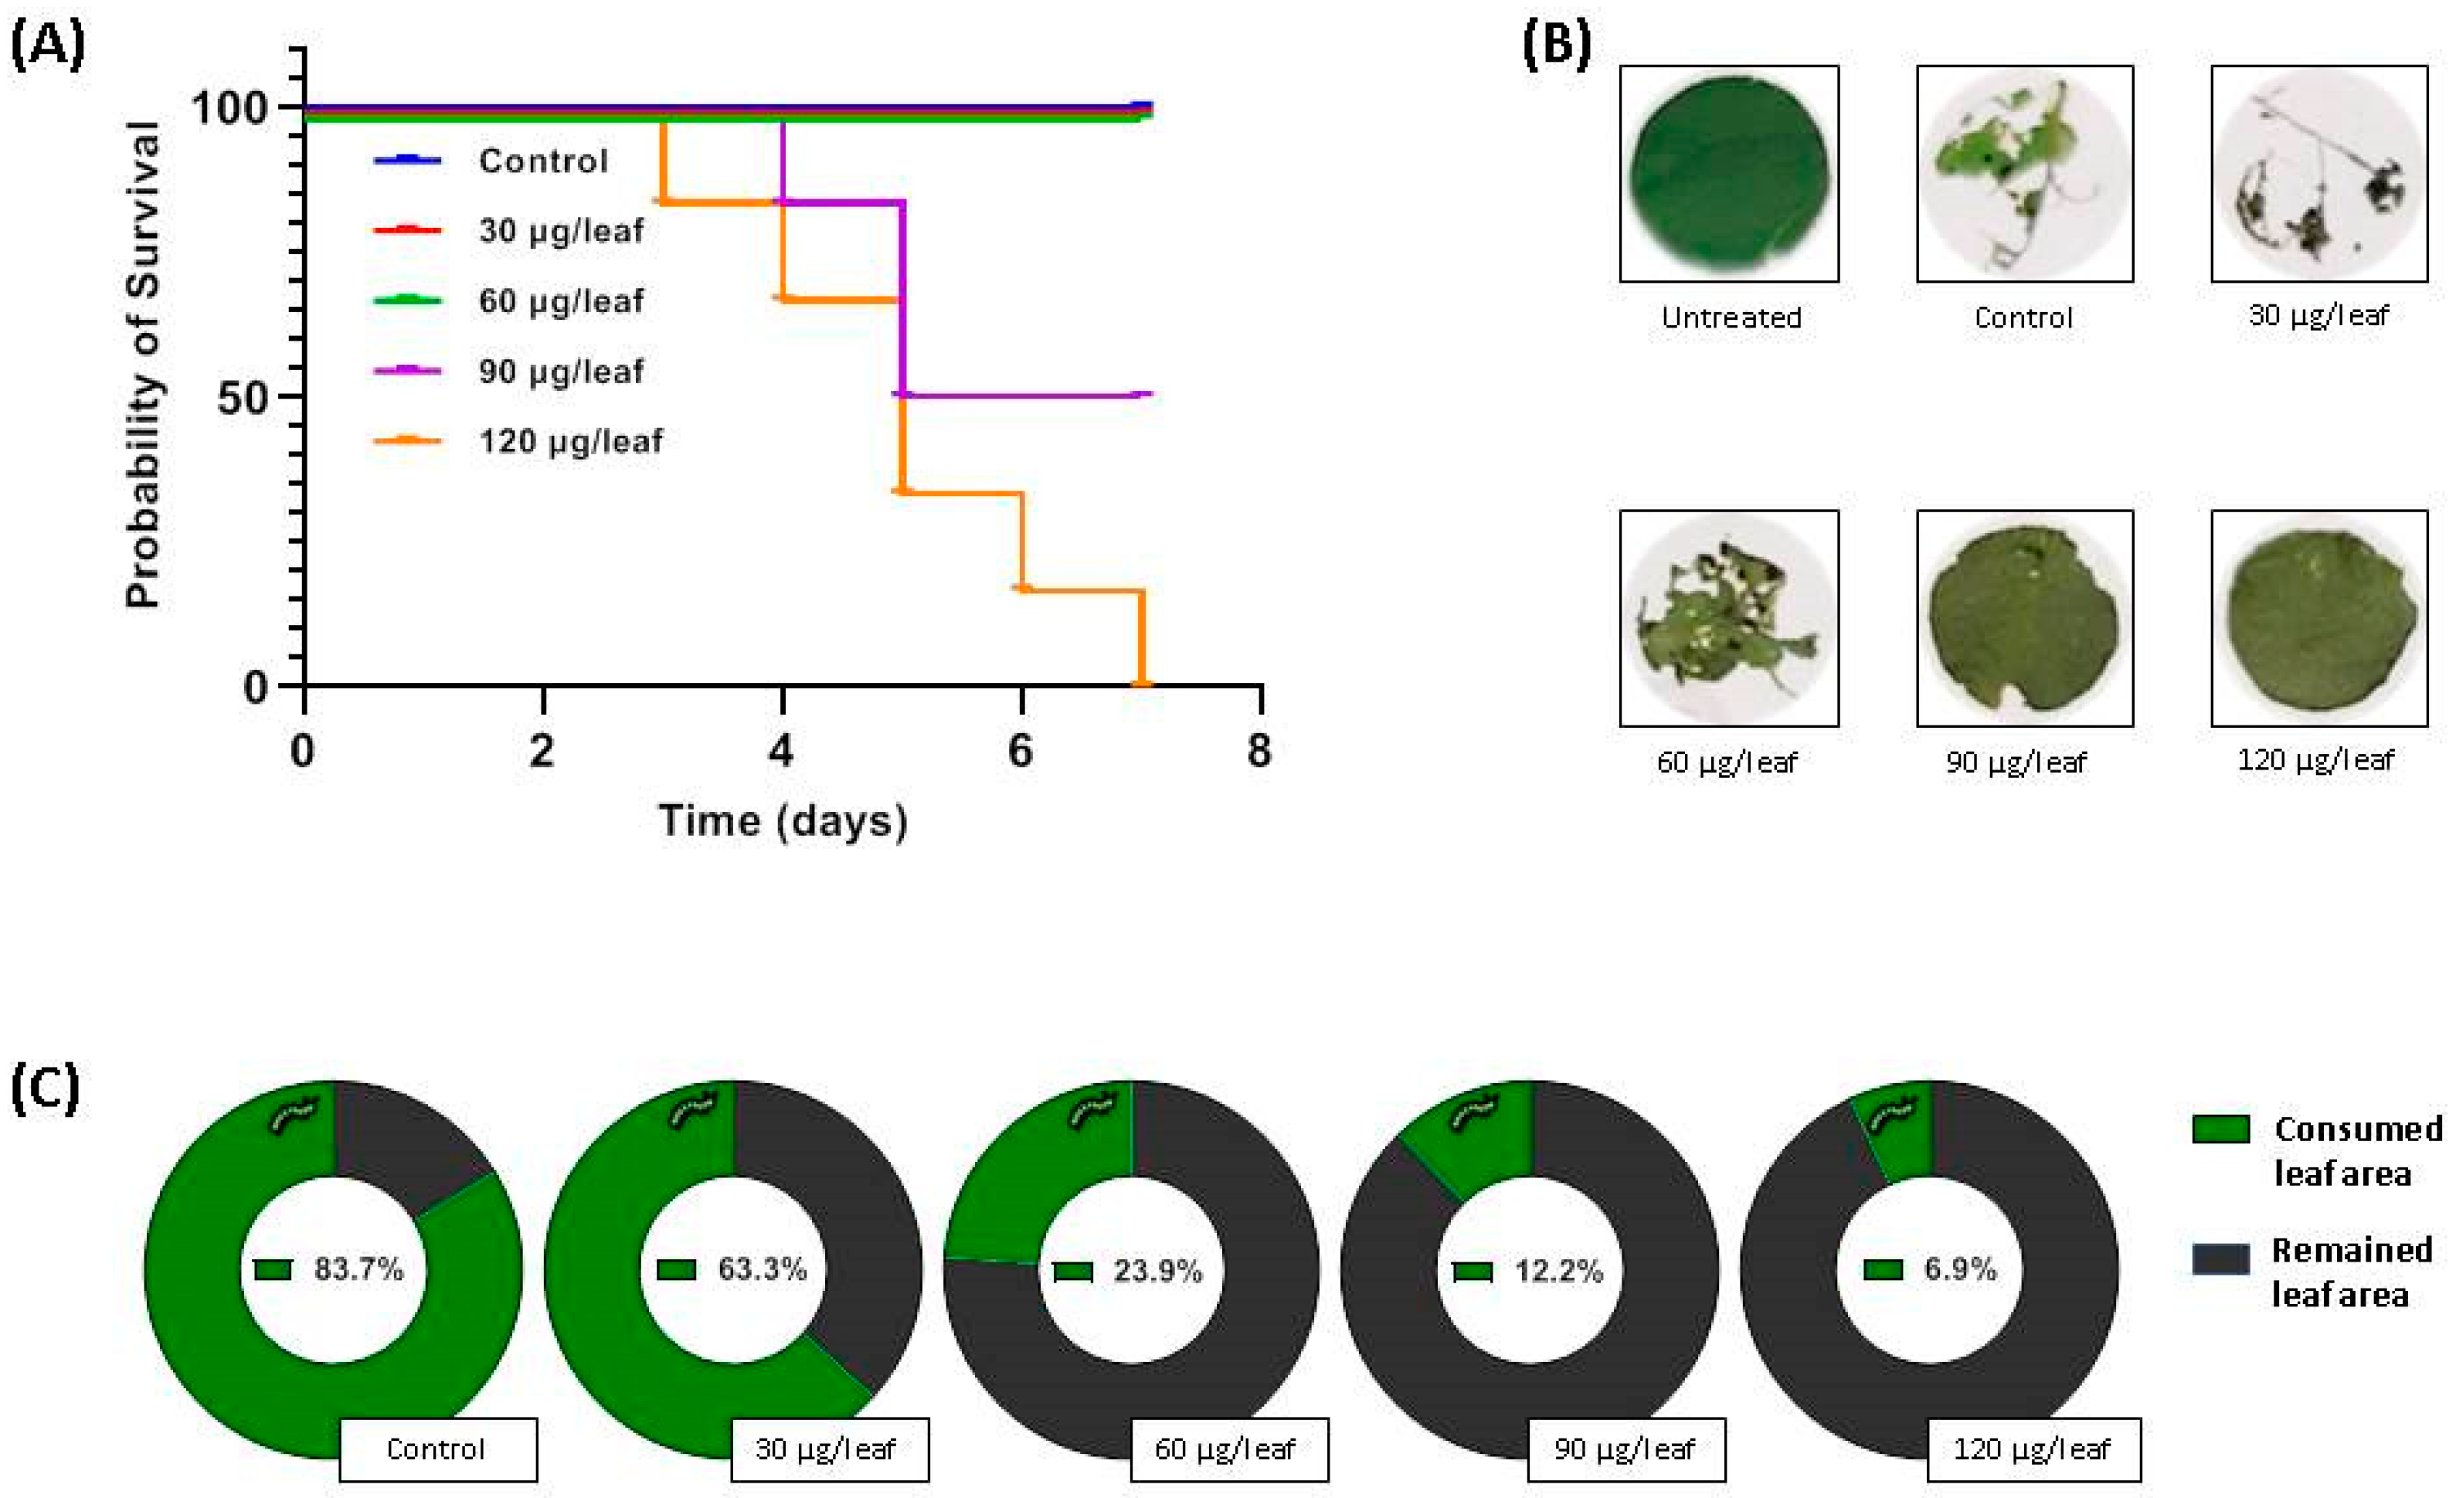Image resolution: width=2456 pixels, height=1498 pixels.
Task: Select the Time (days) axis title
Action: (783, 821)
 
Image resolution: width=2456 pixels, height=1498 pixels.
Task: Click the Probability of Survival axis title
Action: (142, 365)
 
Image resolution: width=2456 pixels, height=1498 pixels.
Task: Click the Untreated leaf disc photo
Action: (1728, 173)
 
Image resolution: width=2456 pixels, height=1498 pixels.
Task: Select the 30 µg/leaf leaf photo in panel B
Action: (2319, 173)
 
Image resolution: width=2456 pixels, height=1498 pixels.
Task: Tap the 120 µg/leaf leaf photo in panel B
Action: (2319, 618)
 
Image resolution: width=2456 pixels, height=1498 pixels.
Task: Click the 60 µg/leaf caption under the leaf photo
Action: (1727, 763)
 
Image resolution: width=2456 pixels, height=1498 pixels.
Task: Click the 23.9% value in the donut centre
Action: (1157, 1271)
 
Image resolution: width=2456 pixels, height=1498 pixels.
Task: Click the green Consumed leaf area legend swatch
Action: (2221, 1129)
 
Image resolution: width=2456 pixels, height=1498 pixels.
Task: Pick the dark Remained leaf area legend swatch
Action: (2221, 1259)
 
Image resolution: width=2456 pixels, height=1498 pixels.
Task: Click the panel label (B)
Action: (1556, 45)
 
